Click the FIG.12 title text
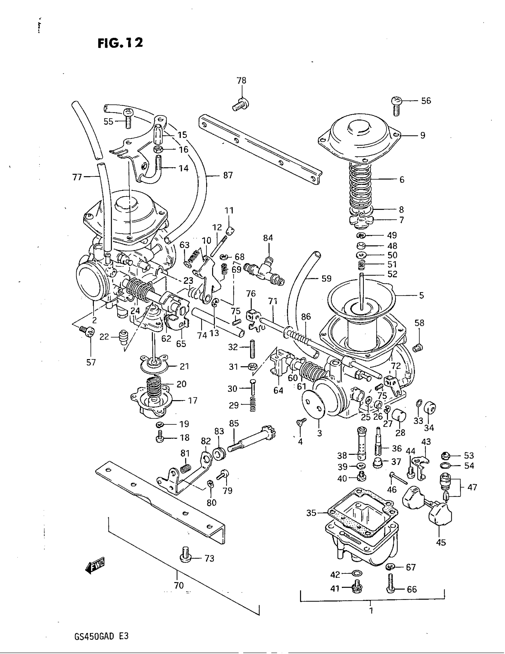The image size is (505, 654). coord(120,43)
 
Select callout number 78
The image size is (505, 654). coord(241,81)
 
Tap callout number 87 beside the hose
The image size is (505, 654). coord(228,175)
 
